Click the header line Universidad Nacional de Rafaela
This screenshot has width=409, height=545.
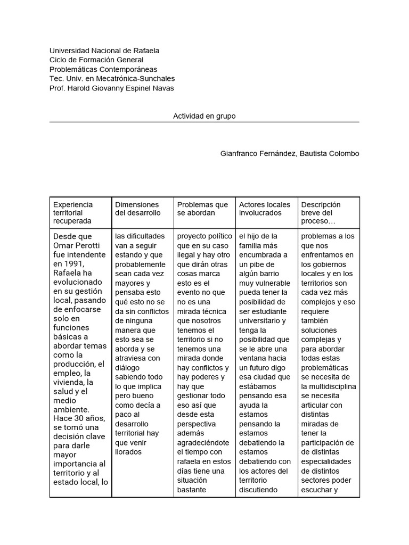(104, 51)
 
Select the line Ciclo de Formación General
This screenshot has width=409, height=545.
(96, 60)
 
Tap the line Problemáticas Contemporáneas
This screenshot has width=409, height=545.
(103, 70)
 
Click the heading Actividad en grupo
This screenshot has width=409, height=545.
(204, 115)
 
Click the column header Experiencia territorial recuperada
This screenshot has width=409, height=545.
(73, 212)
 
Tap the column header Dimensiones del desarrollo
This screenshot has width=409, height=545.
(137, 209)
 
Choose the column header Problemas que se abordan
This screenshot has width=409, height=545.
(202, 209)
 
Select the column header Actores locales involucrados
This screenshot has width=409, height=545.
(265, 209)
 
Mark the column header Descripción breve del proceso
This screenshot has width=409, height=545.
(321, 212)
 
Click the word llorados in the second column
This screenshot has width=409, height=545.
(128, 452)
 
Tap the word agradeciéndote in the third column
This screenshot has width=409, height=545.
(203, 442)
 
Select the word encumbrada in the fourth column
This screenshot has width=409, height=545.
(261, 255)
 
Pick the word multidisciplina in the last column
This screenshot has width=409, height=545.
(329, 386)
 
